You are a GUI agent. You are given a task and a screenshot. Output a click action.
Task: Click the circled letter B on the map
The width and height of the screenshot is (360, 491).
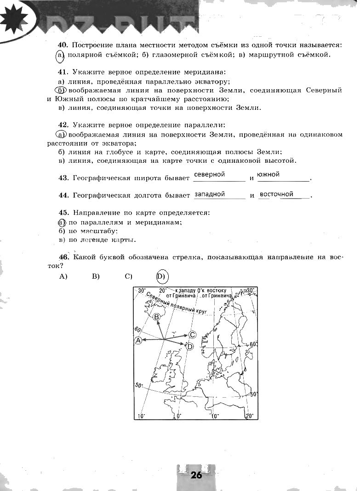pos(157,317)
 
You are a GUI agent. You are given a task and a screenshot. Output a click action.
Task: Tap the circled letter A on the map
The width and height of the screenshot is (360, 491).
pos(137,340)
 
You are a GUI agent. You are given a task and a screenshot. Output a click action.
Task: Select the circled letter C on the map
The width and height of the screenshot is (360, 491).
pos(193,335)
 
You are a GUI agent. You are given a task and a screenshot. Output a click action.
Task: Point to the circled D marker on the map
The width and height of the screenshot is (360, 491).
pos(190,346)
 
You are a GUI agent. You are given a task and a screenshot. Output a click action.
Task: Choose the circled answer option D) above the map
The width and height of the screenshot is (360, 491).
pos(161,276)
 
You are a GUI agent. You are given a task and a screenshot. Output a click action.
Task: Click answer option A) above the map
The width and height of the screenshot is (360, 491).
pos(63,276)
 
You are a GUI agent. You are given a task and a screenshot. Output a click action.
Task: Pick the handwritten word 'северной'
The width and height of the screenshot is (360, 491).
pos(209,175)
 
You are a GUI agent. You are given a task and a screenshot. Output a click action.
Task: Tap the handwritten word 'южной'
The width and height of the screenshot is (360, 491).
pos(269,175)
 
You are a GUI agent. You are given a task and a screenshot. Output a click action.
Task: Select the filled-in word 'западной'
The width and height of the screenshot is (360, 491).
pos(210,194)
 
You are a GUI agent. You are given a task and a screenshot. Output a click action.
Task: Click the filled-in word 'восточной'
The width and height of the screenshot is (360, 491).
pos(277,194)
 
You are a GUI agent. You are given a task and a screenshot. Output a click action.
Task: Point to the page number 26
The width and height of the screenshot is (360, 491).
pos(196,475)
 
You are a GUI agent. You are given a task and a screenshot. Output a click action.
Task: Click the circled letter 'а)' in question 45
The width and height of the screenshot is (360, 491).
pos(62,223)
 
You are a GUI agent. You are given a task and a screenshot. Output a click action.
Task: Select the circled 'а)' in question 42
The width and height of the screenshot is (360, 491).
pos(61,135)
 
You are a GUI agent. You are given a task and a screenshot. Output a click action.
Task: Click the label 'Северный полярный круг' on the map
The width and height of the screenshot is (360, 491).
pos(177,305)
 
